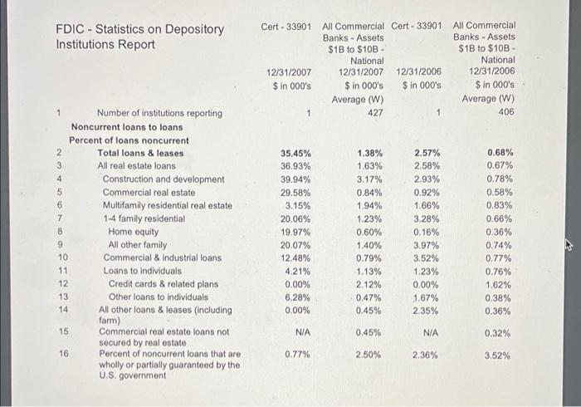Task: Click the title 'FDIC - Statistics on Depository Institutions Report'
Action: pos(139,37)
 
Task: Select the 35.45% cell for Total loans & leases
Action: pos(295,153)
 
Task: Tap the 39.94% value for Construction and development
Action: pos(295,179)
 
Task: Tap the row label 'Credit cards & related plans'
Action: pos(164,283)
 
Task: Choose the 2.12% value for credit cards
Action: pos(369,283)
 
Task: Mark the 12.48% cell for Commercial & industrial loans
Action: pos(295,257)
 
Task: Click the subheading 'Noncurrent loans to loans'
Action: pos(127,127)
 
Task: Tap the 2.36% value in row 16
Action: pos(426,354)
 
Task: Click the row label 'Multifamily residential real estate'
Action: pos(167,205)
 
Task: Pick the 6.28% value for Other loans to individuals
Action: pos(295,297)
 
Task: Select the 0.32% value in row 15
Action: pos(499,332)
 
